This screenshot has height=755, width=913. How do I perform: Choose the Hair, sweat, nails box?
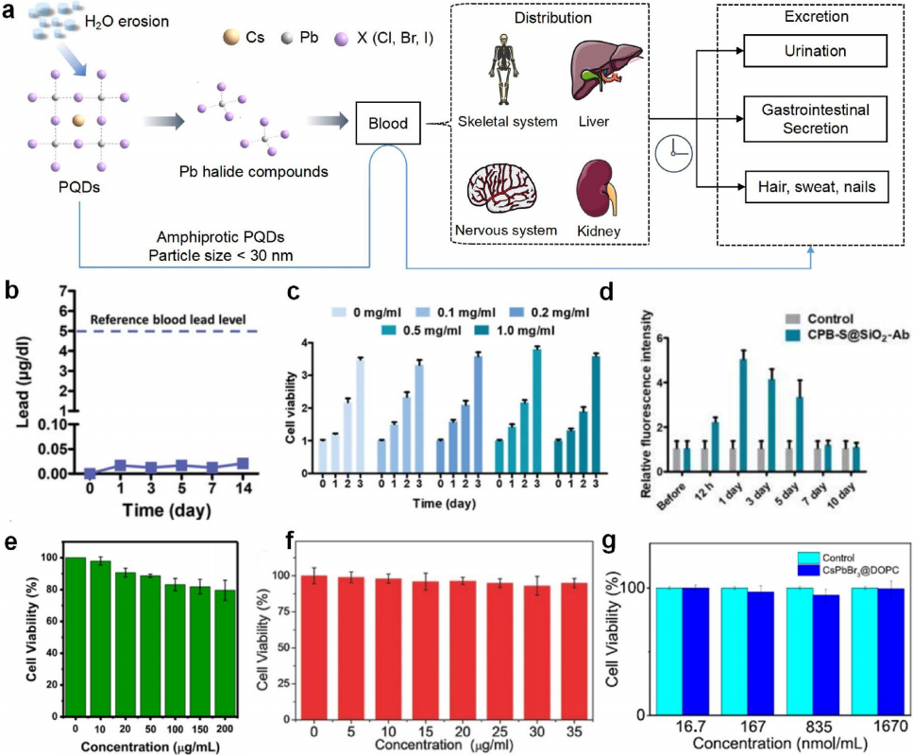(x=815, y=187)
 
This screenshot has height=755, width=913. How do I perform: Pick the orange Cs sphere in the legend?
(x=230, y=40)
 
